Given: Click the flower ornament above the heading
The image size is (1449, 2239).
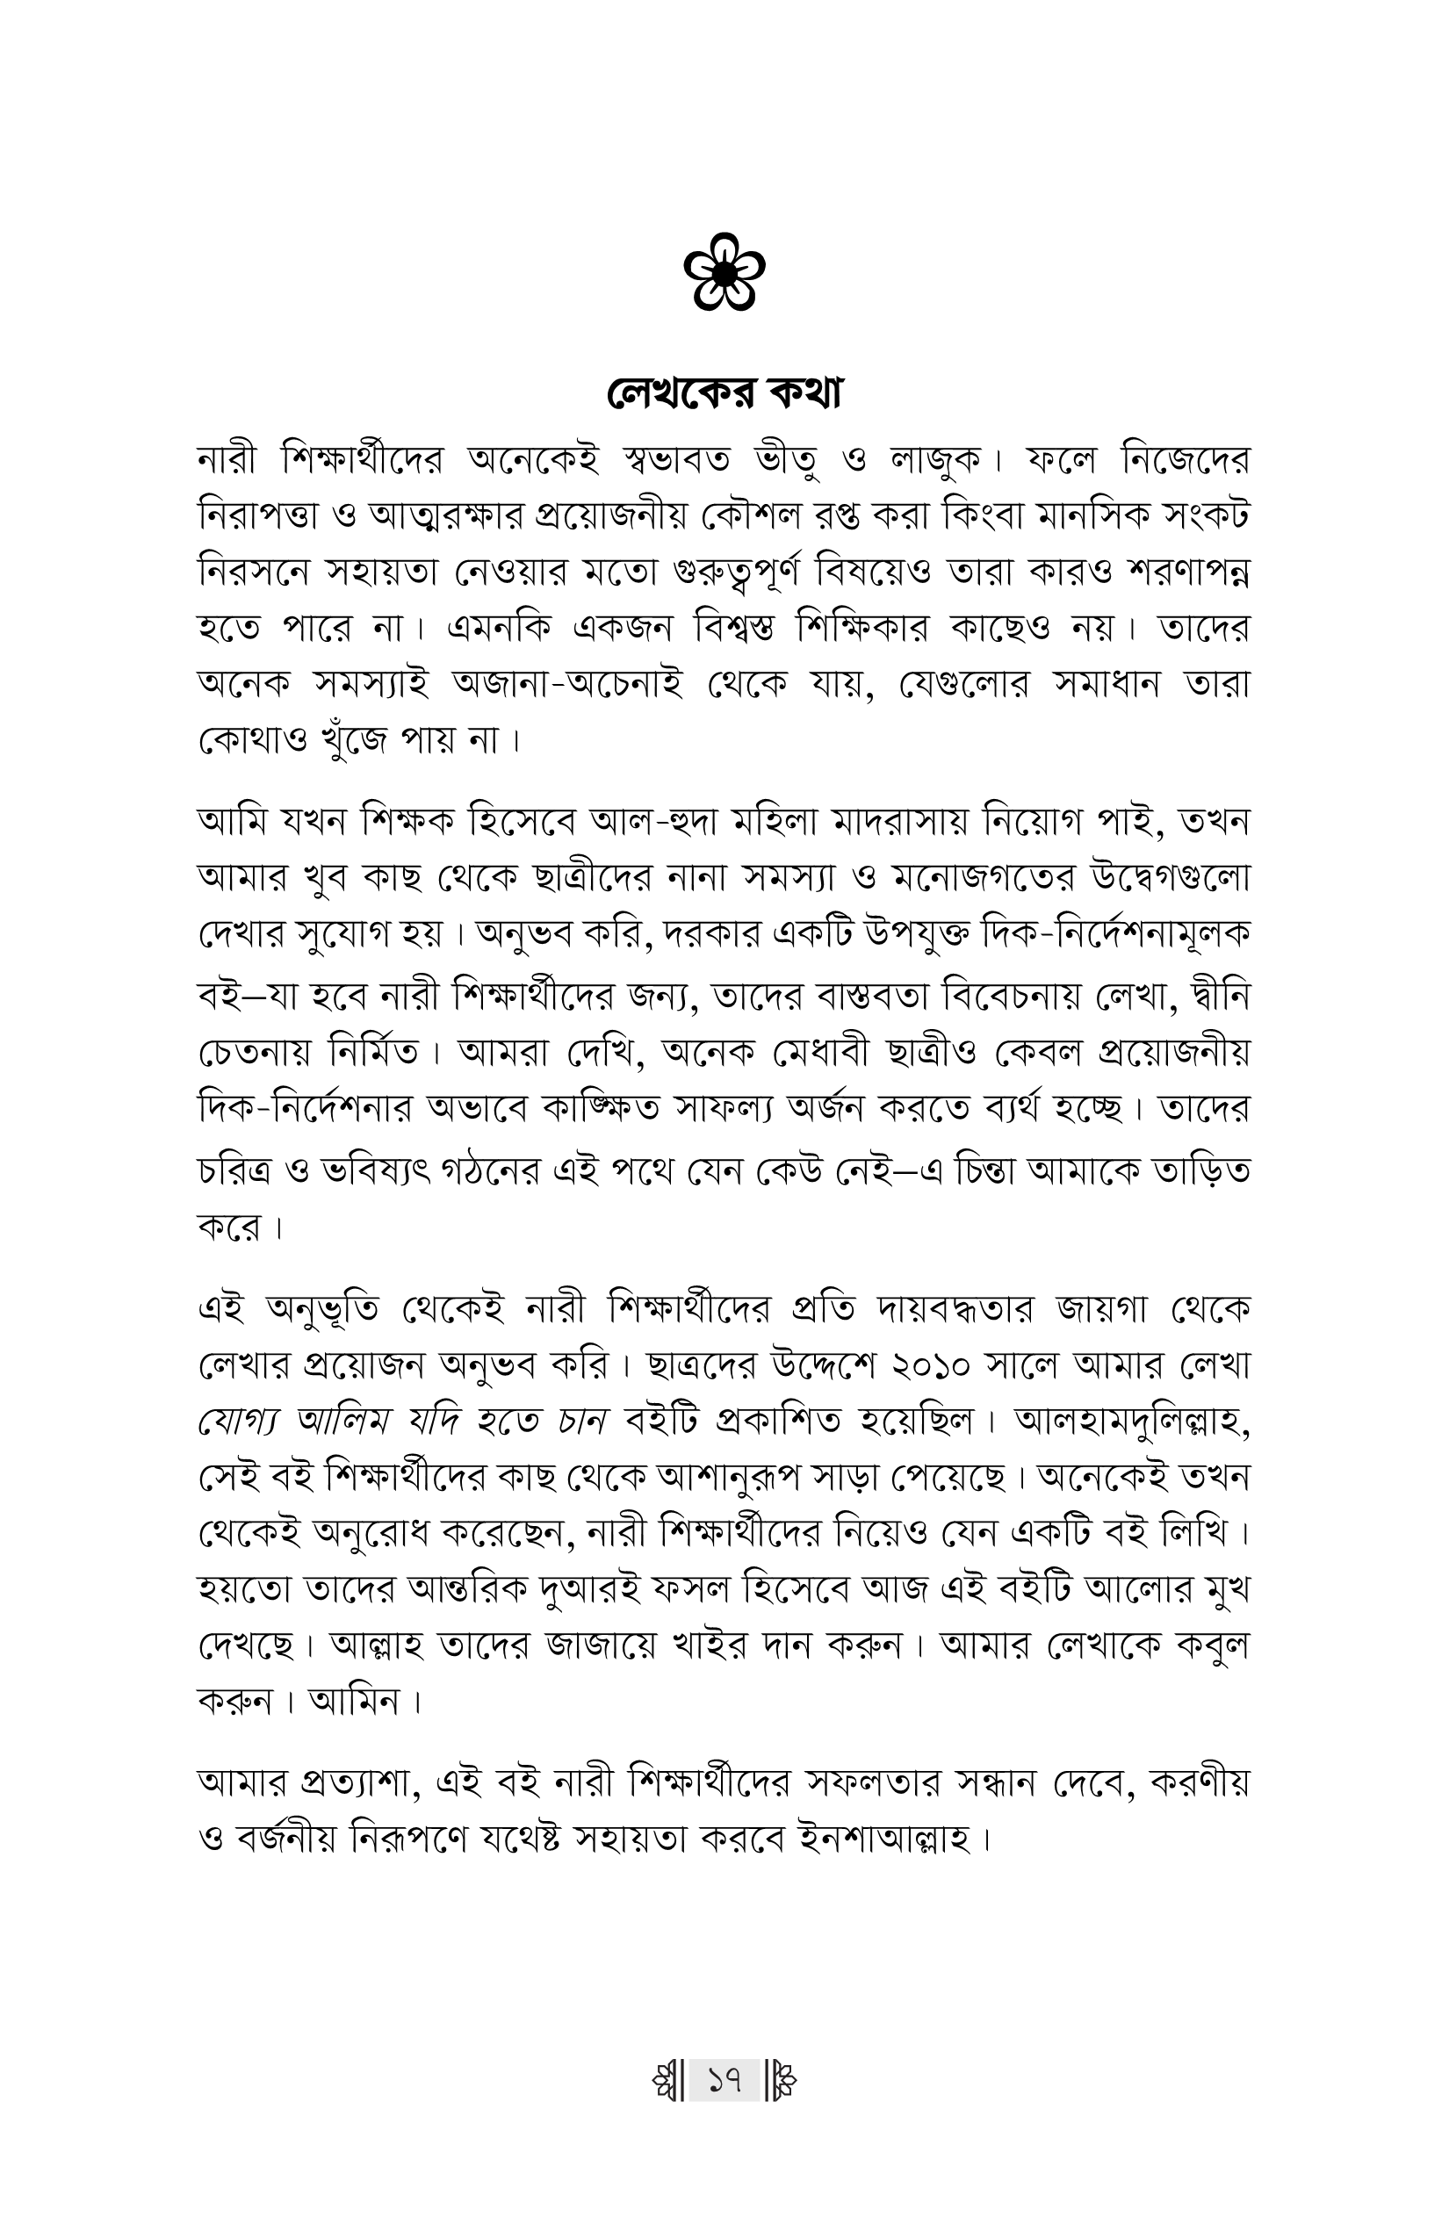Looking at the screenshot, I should point(724,273).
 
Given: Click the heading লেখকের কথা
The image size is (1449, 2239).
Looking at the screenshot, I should point(724,393).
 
